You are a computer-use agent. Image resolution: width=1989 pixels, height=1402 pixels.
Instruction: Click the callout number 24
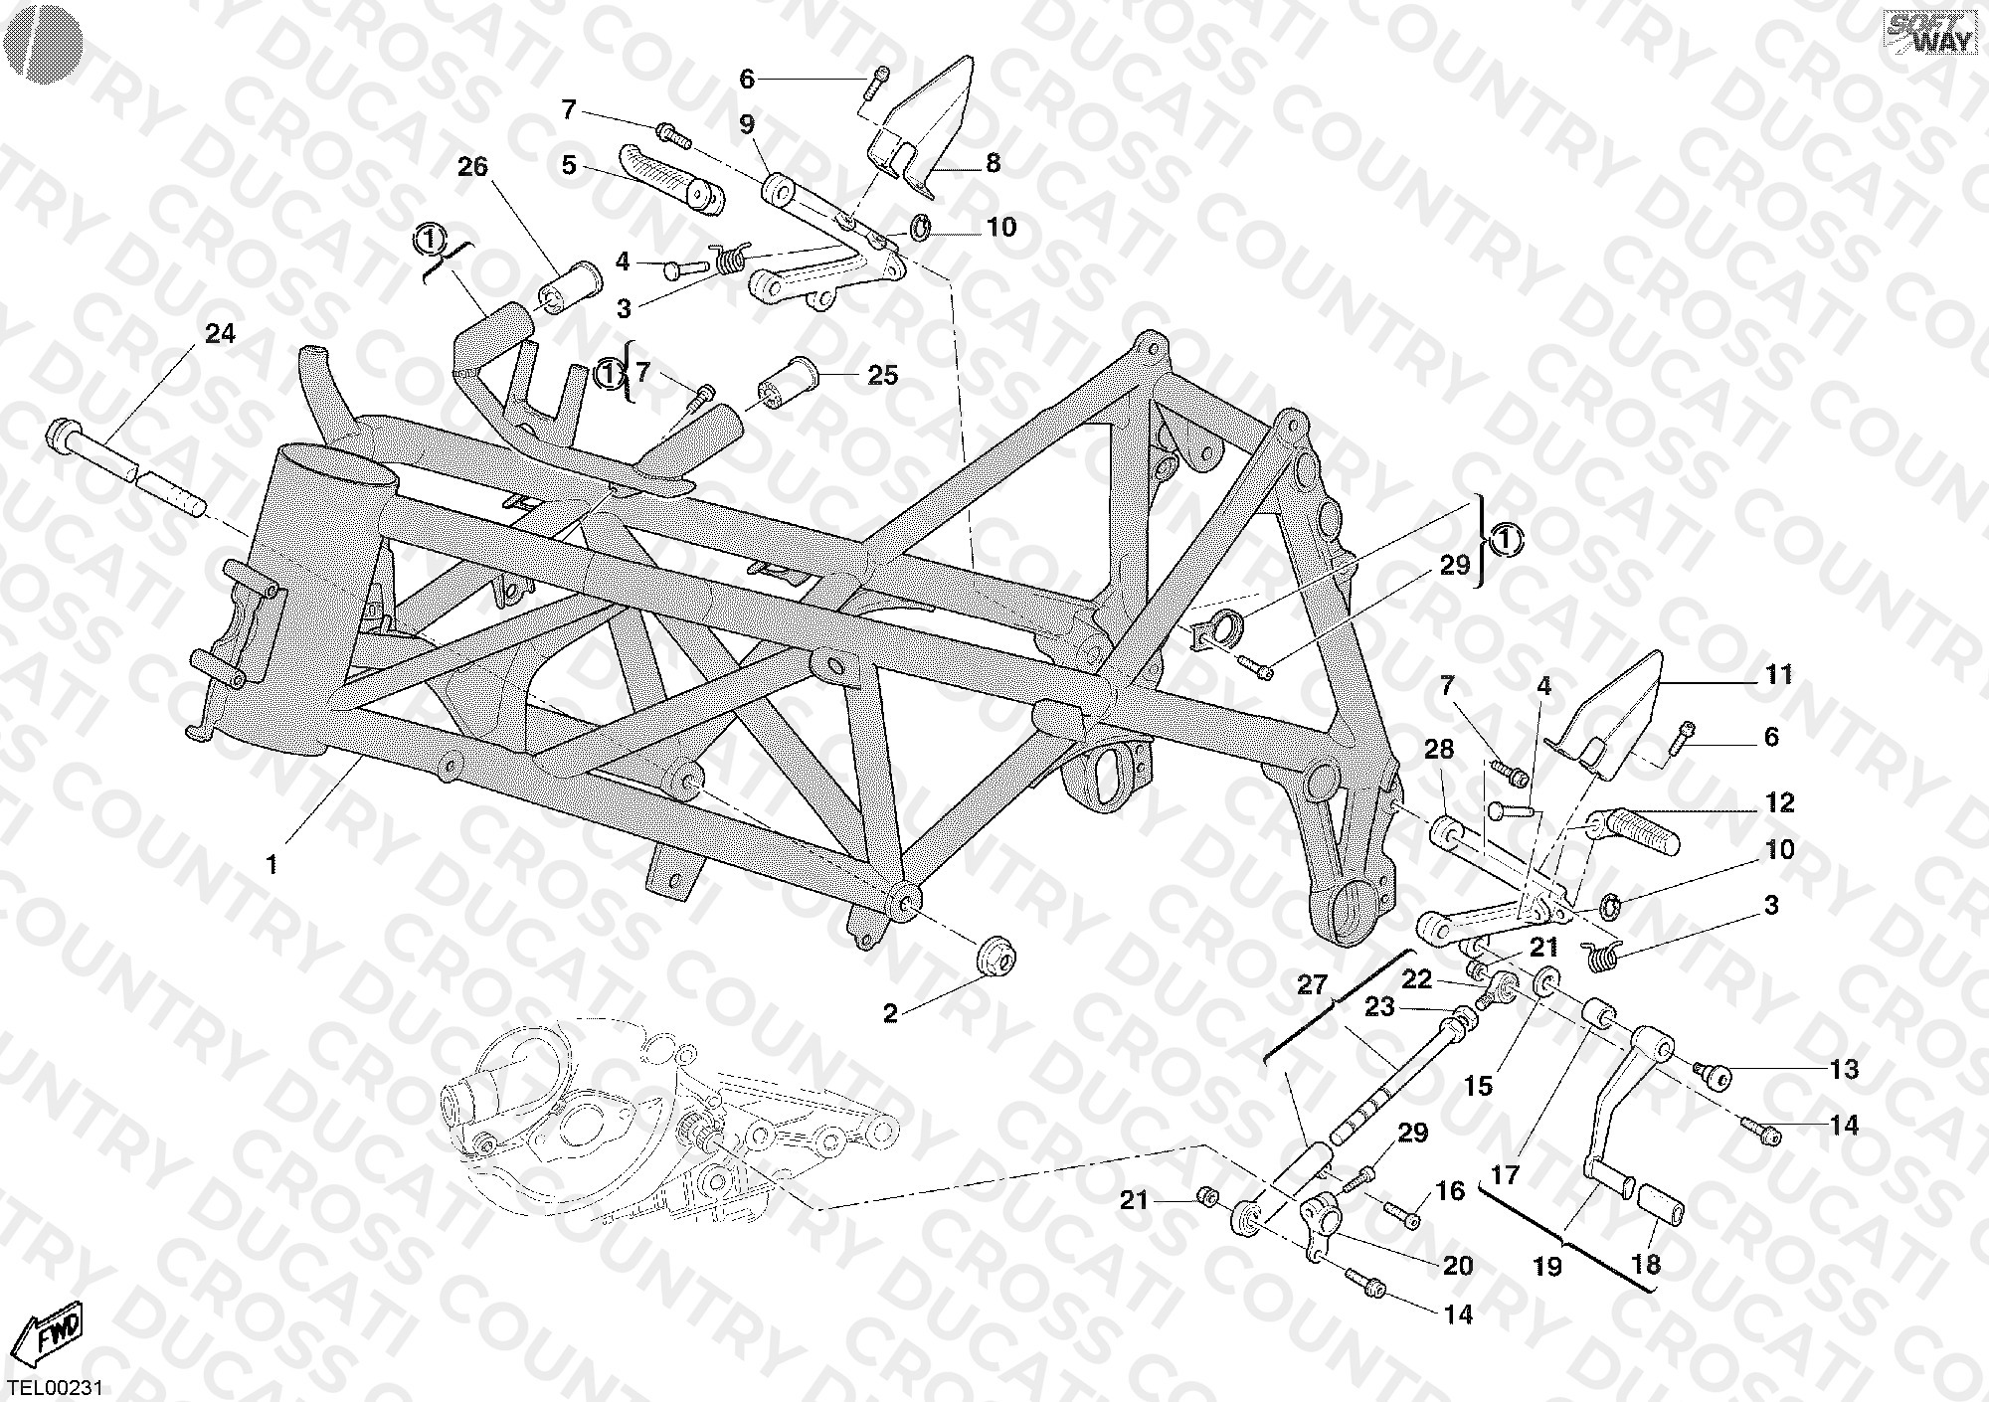click(x=220, y=334)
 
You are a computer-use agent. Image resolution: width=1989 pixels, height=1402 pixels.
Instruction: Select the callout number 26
click(x=472, y=167)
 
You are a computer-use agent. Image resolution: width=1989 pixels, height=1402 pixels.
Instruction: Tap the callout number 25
click(x=882, y=375)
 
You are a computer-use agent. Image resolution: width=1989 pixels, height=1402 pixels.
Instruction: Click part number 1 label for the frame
click(x=271, y=865)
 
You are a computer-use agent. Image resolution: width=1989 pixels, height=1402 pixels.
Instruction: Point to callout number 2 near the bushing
click(x=890, y=1013)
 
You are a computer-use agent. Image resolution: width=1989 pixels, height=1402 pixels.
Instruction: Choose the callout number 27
click(x=1313, y=985)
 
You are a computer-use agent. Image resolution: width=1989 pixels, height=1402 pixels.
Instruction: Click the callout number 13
click(x=1843, y=1069)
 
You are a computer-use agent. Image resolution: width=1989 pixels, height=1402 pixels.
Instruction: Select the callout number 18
click(x=1646, y=1265)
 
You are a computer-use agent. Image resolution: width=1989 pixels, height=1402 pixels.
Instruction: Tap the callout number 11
click(x=1778, y=675)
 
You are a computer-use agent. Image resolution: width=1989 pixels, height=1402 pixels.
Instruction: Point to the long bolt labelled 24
click(x=127, y=466)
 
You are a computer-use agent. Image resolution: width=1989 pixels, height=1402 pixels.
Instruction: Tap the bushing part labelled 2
click(x=994, y=956)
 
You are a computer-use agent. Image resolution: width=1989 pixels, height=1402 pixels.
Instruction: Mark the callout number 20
click(x=1457, y=1266)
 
